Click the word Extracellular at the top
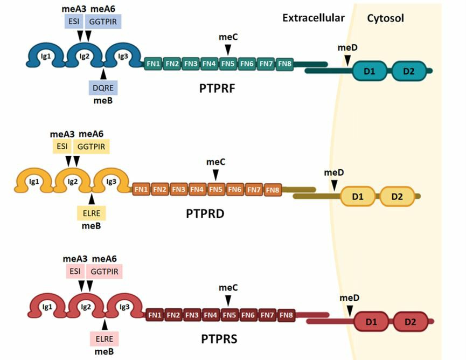(x=313, y=18)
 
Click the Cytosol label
(x=386, y=18)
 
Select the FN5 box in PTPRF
(x=228, y=64)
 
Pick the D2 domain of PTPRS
(x=410, y=322)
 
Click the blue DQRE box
(x=102, y=87)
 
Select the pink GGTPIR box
(x=105, y=271)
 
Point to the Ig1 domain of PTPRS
(x=47, y=307)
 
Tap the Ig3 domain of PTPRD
(x=111, y=182)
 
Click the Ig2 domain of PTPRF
(x=84, y=56)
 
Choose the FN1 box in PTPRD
(x=142, y=189)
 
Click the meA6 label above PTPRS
(x=105, y=259)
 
